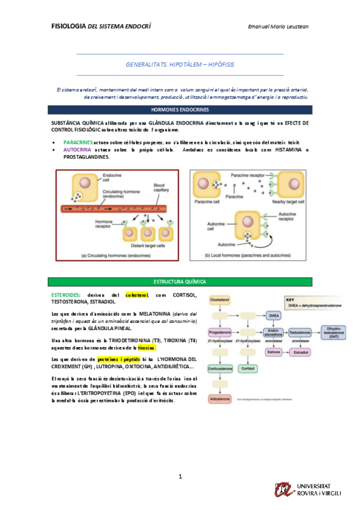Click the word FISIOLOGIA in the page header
69,26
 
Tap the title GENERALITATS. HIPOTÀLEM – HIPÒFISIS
180,63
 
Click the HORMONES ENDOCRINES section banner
180,110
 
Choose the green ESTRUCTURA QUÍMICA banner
180,281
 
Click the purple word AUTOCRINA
77,149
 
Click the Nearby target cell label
287,202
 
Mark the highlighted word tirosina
147,348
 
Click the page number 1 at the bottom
180,476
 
